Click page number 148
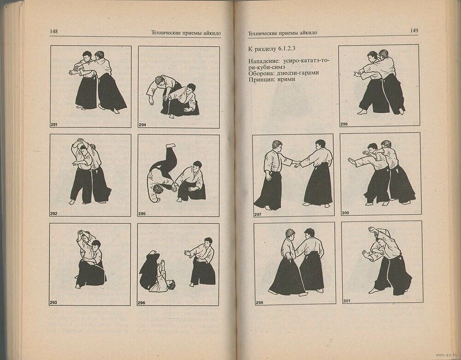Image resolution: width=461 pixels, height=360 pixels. click(54, 31)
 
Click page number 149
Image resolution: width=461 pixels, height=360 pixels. click(414, 30)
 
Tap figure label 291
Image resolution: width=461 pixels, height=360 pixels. click(54, 124)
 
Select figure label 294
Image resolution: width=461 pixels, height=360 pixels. click(142, 125)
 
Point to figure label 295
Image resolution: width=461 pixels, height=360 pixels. click(142, 213)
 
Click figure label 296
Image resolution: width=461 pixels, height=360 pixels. click(142, 303)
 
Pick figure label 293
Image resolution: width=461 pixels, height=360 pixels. click(53, 302)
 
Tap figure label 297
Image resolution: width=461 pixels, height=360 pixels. click(258, 214)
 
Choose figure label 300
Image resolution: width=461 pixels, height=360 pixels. click(345, 213)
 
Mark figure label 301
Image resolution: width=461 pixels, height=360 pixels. click(347, 301)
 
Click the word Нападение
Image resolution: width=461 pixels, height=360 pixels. click(265, 61)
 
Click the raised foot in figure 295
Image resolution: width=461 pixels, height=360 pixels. click(170, 146)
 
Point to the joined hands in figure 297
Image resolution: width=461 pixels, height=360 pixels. click(296, 164)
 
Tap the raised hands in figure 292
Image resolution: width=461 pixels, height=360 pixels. click(80, 141)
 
